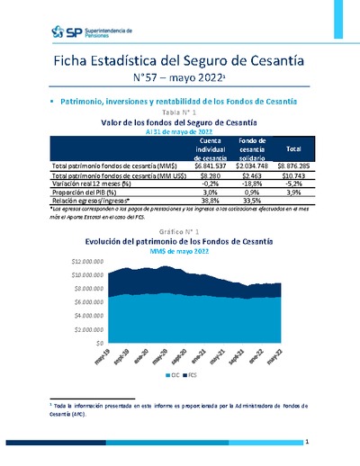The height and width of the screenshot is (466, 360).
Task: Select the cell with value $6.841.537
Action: coord(211,166)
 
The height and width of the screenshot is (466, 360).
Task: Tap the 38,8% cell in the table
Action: coord(211,199)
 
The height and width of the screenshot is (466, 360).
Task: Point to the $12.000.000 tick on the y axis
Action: coord(87,259)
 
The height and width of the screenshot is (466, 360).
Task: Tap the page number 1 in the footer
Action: coord(306,442)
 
